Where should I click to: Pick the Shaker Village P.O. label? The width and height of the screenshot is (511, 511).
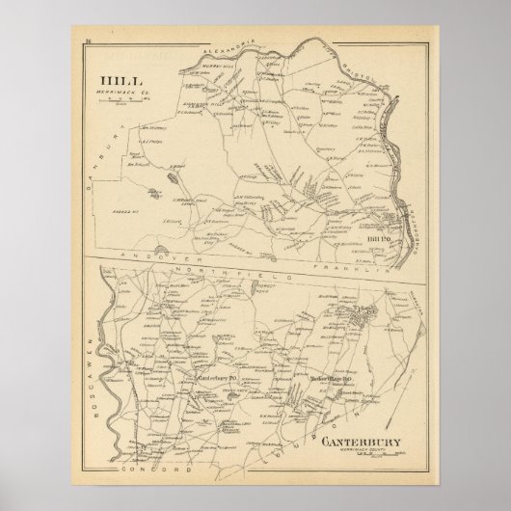click(332, 378)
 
